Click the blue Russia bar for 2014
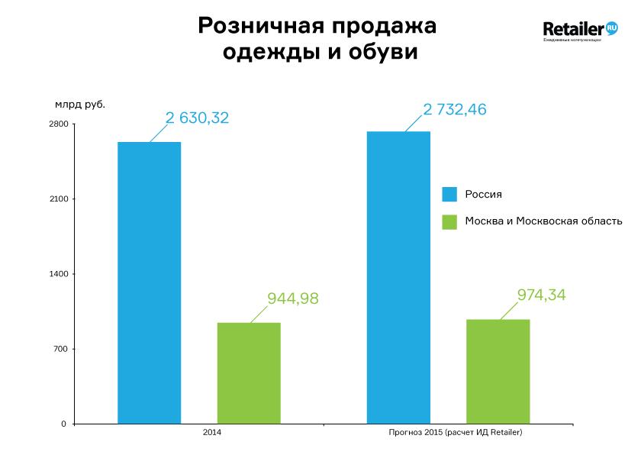tap(149, 282)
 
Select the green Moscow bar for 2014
tap(249, 373)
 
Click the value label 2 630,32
tap(198, 118)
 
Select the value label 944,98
tap(293, 298)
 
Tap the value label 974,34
tap(543, 295)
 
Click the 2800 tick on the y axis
tap(60, 124)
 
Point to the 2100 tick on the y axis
tap(60, 199)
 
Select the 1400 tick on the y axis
tap(60, 274)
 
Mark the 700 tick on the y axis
tap(61, 349)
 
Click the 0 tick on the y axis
tap(64, 424)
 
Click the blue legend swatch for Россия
tap(449, 194)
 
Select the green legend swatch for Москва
tap(449, 221)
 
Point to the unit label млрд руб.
tap(80, 104)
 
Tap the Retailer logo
tap(580, 31)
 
